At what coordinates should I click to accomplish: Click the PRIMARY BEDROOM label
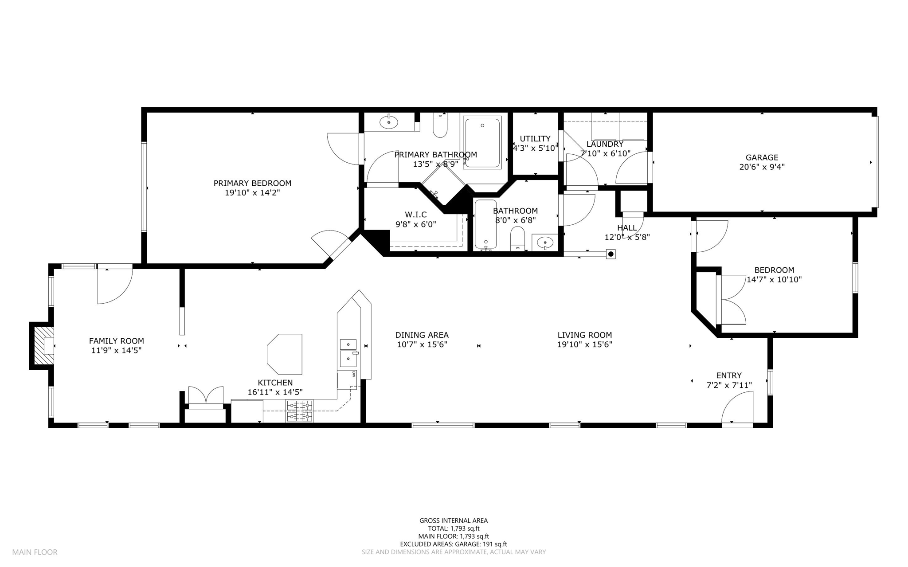pos(252,183)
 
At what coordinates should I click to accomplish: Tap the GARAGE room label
pos(762,157)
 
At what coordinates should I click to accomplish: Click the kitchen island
pos(285,354)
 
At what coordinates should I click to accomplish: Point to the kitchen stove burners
pos(299,411)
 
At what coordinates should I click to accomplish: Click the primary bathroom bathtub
pos(482,142)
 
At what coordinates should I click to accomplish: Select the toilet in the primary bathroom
pos(440,125)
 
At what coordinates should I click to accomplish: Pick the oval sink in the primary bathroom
pos(389,122)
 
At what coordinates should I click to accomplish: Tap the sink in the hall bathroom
pos(545,242)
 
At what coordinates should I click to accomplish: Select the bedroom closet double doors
pos(731,300)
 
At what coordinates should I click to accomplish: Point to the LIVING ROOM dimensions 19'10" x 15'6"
pos(584,344)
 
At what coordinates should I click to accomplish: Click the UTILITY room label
pos(535,139)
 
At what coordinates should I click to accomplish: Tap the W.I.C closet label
pos(416,215)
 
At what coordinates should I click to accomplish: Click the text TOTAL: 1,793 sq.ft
pos(454,528)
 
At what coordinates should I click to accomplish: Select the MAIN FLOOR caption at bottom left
pos(35,552)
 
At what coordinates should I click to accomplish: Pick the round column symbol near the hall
pos(611,254)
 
